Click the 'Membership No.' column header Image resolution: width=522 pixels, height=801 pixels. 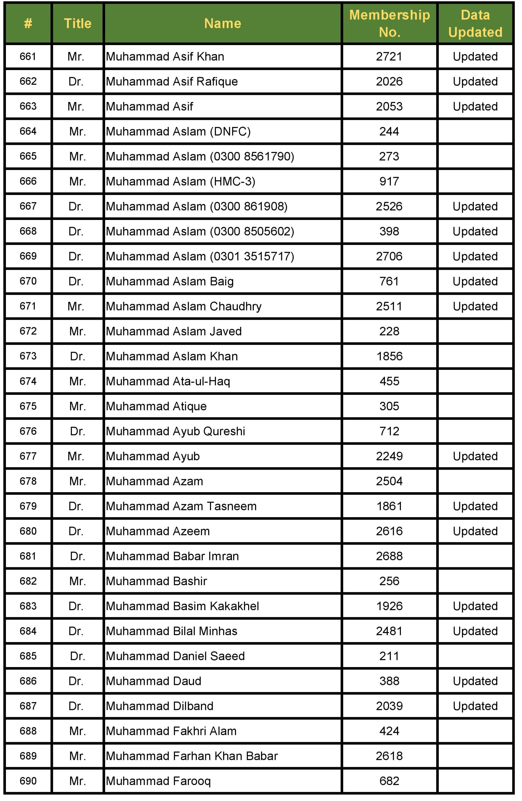pos(389,23)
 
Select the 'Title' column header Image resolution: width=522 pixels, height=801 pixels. pos(77,23)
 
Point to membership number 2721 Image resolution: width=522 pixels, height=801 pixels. pos(389,57)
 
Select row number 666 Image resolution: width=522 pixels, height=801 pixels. pos(28,181)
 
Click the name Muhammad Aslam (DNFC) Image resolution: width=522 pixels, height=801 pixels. pos(178,131)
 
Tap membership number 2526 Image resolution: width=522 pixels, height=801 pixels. pos(389,206)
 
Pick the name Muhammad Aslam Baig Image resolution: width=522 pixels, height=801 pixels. pos(170,281)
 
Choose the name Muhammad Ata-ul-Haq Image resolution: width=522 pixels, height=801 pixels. pos(168,381)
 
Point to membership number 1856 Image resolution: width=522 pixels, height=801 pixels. pos(389,356)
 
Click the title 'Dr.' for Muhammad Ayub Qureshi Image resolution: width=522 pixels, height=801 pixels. pos(77,431)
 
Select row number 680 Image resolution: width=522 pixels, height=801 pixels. pos(28,531)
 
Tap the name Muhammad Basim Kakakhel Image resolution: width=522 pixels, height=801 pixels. pos(182,606)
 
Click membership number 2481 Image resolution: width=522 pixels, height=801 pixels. pos(389,631)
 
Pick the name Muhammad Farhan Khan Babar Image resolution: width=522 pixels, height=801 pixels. pos(192,756)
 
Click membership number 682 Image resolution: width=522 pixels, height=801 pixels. pos(389,781)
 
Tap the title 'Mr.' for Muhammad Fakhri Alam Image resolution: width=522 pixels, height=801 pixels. pos(77,731)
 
